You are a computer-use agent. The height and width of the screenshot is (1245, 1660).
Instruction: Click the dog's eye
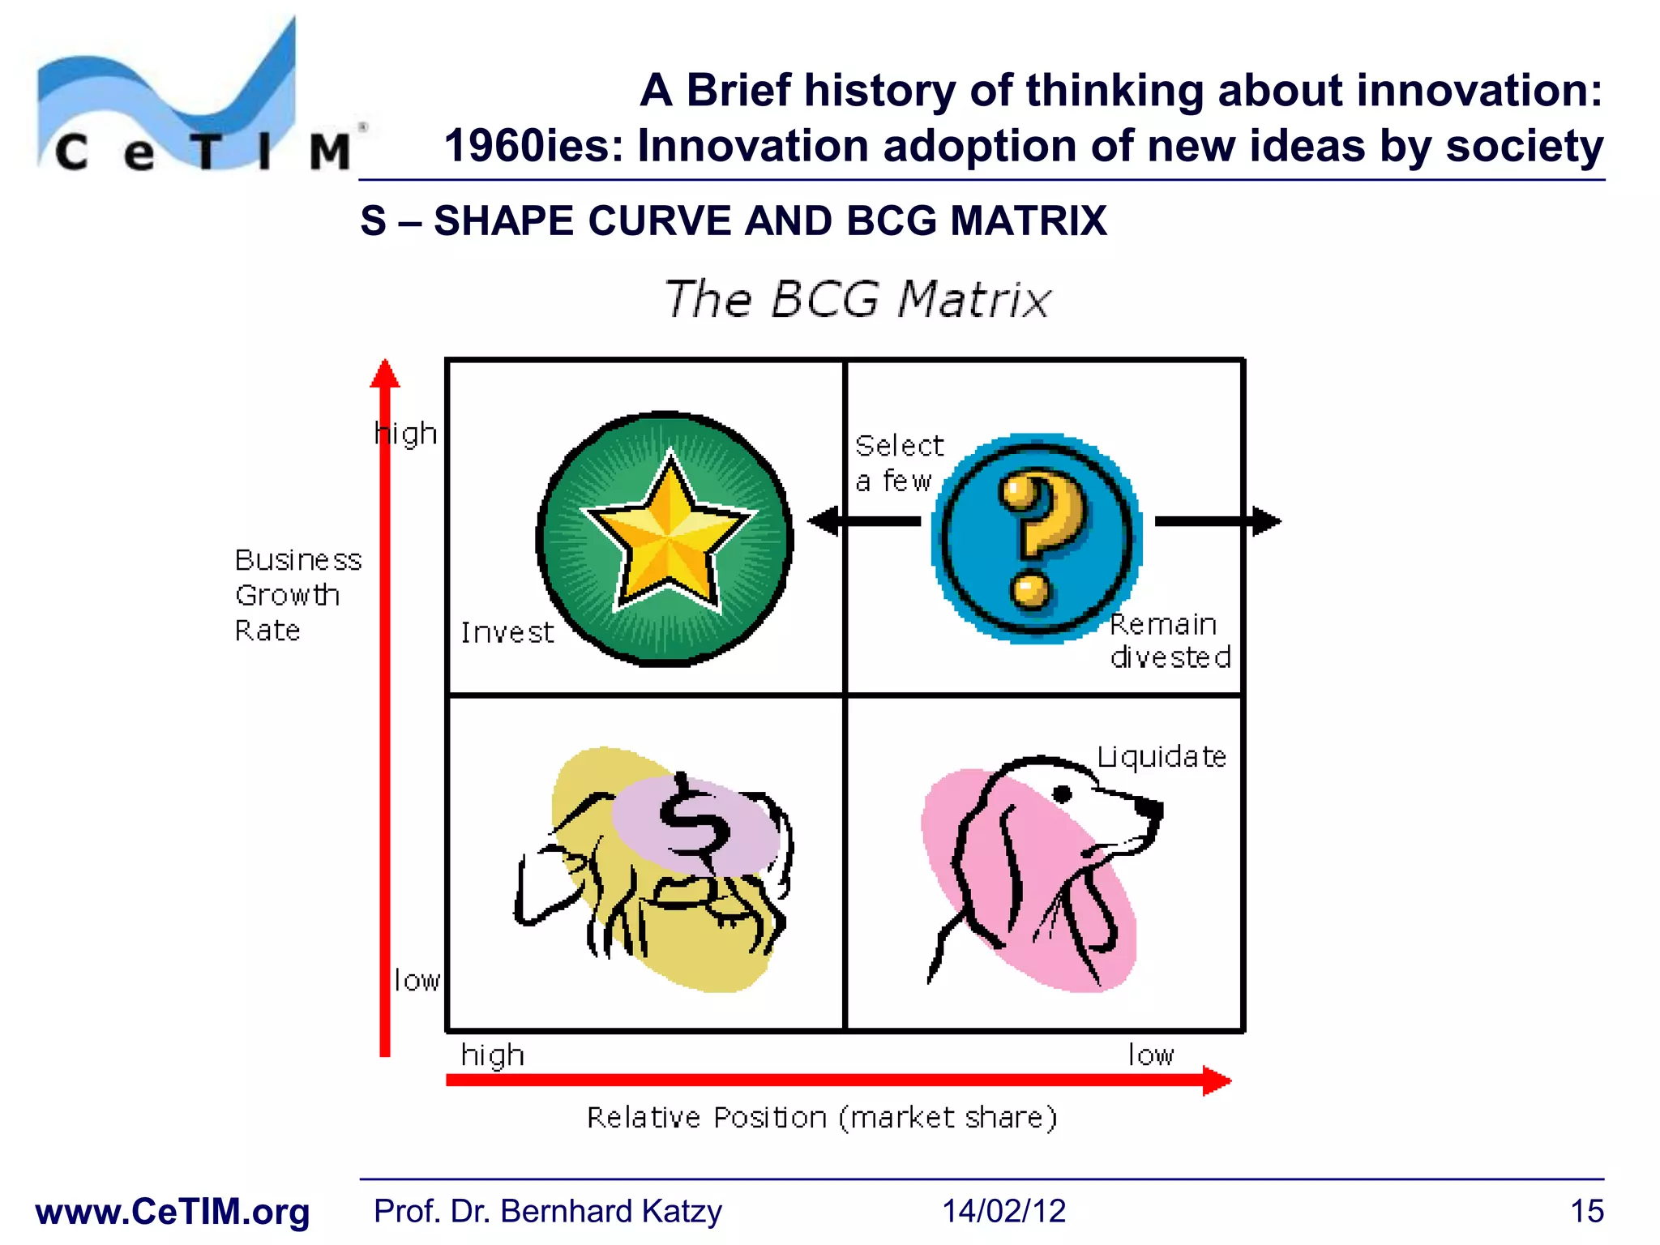[x=1062, y=794]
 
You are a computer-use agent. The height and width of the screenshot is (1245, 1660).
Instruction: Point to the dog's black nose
[x=1149, y=807]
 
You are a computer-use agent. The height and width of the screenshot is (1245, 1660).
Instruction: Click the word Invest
[x=507, y=632]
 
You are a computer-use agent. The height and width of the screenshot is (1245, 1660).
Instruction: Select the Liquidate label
[x=1161, y=757]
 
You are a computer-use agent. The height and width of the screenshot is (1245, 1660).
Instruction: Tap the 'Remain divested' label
[x=1169, y=641]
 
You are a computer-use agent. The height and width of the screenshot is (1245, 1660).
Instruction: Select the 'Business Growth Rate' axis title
[x=297, y=595]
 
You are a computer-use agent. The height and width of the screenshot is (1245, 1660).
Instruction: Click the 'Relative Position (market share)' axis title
[x=822, y=1118]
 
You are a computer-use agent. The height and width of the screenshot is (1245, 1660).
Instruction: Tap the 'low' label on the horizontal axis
[x=1151, y=1055]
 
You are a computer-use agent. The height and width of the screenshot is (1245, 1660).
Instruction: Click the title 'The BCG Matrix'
[x=858, y=299]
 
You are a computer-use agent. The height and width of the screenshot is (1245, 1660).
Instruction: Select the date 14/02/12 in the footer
[x=1003, y=1211]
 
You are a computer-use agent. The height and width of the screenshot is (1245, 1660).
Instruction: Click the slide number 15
[x=1586, y=1211]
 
